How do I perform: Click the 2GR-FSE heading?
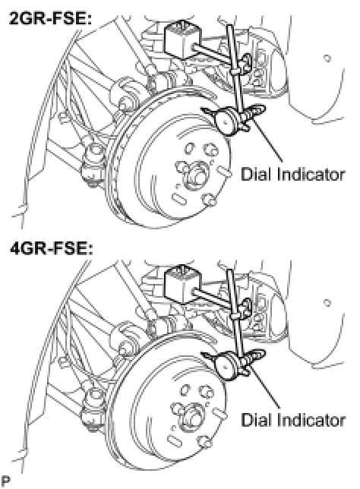click(51, 19)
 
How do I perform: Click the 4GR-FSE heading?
click(51, 248)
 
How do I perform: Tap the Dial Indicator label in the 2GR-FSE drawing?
click(293, 174)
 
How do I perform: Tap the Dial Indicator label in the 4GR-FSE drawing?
click(293, 419)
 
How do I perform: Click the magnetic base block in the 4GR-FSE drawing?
click(182, 285)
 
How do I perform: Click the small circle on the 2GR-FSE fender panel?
click(327, 58)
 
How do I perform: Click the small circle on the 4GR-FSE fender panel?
click(327, 303)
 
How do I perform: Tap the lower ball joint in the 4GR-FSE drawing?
click(93, 409)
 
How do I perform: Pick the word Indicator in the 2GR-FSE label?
click(311, 174)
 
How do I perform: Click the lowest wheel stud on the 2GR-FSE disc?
click(210, 200)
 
